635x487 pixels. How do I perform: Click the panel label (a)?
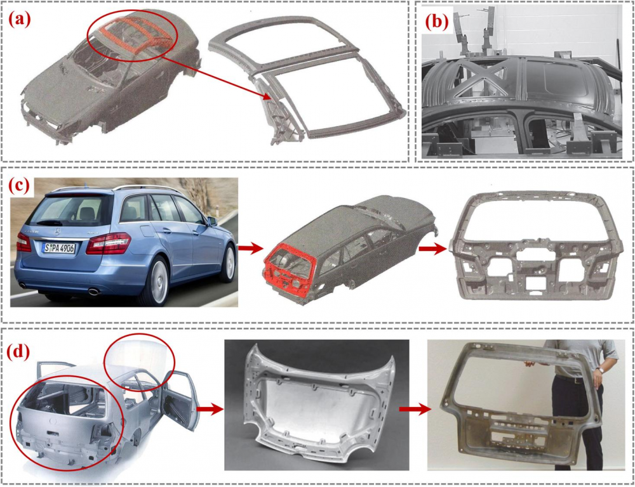click(20, 20)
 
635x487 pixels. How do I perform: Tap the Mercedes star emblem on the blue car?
click(57, 231)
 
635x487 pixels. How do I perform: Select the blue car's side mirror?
click(211, 222)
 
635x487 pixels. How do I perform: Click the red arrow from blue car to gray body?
click(248, 249)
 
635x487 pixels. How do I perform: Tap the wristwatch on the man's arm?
click(601, 370)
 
